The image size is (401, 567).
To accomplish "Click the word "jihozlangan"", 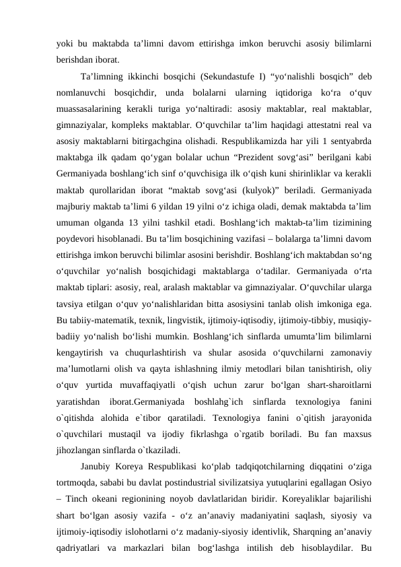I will pos(79,477).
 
